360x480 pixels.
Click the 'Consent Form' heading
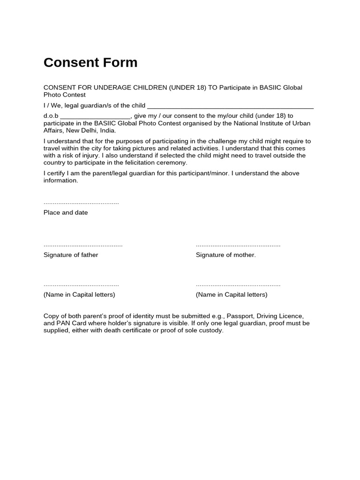click(90, 63)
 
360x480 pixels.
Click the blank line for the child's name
click(230, 107)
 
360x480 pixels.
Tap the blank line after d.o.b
click(96, 118)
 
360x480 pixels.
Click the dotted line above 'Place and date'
click(81, 203)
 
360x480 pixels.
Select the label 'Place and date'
click(66, 213)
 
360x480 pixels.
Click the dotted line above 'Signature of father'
click(83, 246)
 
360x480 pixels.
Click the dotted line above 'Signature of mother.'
click(238, 246)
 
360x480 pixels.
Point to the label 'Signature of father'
click(71, 255)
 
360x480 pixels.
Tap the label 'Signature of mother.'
click(226, 255)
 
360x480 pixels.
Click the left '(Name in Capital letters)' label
click(79, 295)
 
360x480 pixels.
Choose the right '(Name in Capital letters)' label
click(232, 295)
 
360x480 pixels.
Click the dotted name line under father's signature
click(81, 285)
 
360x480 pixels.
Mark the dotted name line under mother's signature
click(238, 285)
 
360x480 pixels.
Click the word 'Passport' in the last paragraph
click(240, 316)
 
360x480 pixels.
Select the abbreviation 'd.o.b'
click(51, 116)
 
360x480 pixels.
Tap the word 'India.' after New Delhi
click(106, 130)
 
